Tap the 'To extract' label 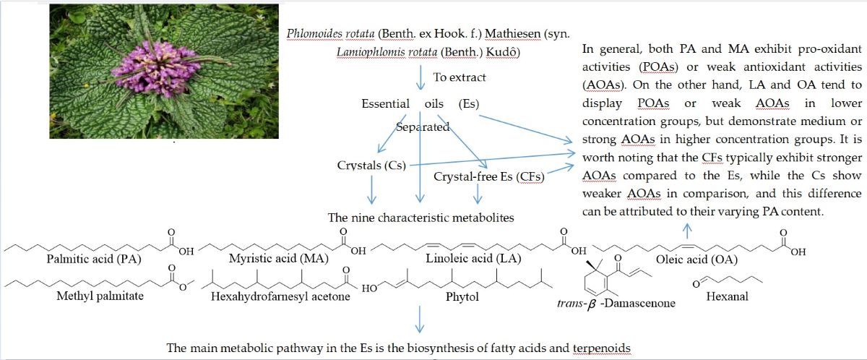pyautogui.click(x=460, y=77)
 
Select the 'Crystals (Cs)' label pyautogui.click(x=371, y=165)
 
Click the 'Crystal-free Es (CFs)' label pyautogui.click(x=488, y=176)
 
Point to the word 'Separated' pyautogui.click(x=423, y=127)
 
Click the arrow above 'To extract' pyautogui.click(x=420, y=76)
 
